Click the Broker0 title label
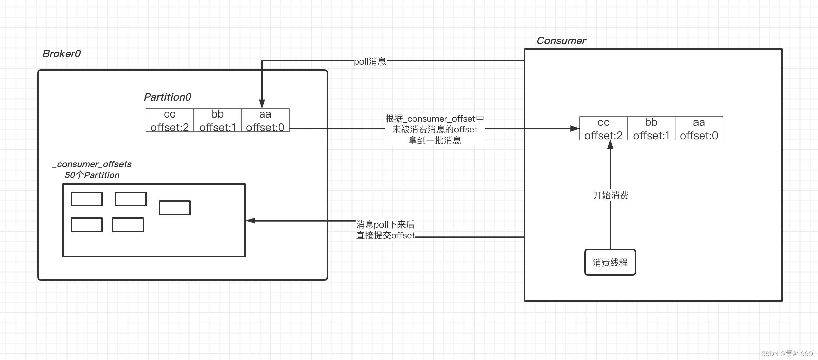point(61,54)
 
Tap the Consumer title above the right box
point(561,41)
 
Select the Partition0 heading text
point(167,97)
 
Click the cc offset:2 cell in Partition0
point(170,121)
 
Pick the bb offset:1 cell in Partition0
point(217,121)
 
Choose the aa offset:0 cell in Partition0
point(265,121)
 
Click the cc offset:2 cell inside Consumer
point(603,129)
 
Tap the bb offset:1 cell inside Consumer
point(651,129)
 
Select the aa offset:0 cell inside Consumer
point(699,129)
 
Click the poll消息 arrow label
point(370,61)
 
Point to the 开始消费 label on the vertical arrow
point(610,195)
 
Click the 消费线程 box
point(610,262)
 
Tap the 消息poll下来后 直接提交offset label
point(385,230)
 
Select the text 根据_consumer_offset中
point(434,119)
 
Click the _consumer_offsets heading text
point(92,164)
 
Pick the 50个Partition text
point(92,175)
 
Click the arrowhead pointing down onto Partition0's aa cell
point(262,104)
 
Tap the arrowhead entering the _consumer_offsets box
point(250,221)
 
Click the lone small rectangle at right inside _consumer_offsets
point(174,208)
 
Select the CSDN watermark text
point(786,354)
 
